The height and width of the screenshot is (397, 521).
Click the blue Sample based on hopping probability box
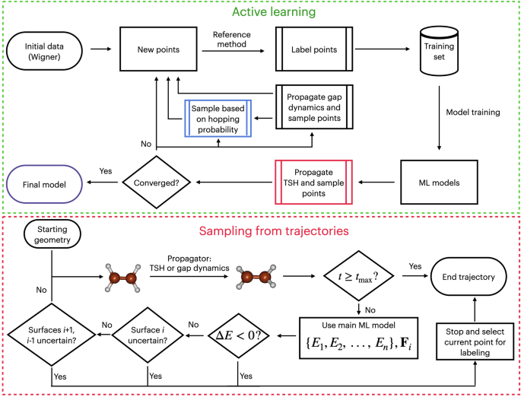pos(218,117)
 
